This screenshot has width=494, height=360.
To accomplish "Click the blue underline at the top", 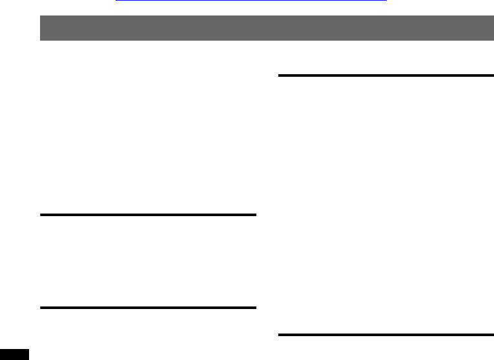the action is [x=251, y=1].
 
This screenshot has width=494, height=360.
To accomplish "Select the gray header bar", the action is [x=267, y=28].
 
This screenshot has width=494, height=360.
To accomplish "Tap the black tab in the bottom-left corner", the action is [x=14, y=355].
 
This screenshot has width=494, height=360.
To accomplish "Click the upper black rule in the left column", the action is [x=148, y=215].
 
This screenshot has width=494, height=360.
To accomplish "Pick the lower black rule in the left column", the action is [x=148, y=308].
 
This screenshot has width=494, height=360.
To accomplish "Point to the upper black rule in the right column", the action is [x=386, y=75].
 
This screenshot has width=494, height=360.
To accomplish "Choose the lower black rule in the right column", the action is [x=386, y=335].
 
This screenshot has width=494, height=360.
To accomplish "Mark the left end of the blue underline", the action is [x=116, y=1].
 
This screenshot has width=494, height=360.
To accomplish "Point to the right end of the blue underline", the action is [x=386, y=1].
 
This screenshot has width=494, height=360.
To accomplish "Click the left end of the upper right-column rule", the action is [x=280, y=75].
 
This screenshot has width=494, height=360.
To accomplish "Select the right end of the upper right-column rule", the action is [x=492, y=75].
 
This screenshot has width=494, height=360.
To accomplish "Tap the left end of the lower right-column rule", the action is [x=280, y=335].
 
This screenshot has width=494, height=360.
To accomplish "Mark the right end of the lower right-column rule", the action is [x=492, y=335].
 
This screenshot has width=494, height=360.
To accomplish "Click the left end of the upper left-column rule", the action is [x=41, y=215].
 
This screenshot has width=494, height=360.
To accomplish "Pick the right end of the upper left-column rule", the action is [x=255, y=215].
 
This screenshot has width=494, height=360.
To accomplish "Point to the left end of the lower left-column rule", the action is [x=41, y=308].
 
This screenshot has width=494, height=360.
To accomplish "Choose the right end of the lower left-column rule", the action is [x=255, y=308].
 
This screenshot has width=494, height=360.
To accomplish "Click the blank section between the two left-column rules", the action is [x=148, y=261].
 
